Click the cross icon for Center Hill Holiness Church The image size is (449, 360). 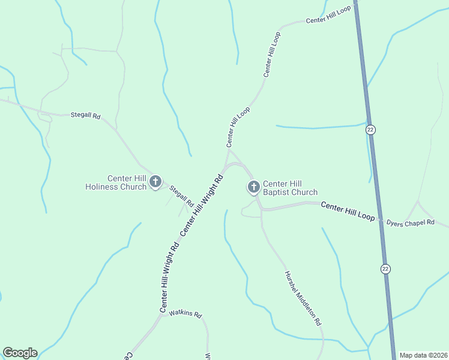[155, 181]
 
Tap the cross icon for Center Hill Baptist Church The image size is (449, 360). [253, 187]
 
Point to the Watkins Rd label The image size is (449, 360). [185, 314]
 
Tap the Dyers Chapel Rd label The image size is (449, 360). [410, 222]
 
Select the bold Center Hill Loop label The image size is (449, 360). [348, 211]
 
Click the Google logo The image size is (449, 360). [20, 353]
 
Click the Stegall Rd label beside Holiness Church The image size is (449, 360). [181, 197]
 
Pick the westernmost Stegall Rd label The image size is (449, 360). [85, 115]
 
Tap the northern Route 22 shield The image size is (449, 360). [371, 130]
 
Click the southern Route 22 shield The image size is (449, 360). [385, 269]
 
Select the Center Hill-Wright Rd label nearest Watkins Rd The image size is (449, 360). [169, 277]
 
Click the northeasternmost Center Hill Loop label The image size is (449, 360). [328, 16]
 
